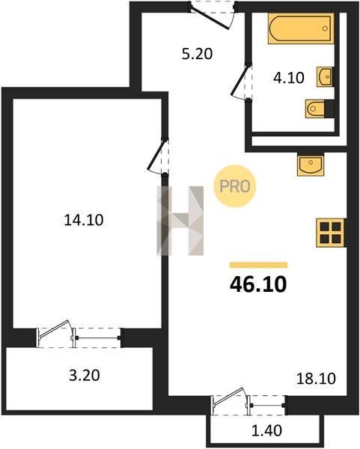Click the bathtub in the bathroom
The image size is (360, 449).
(x=301, y=28)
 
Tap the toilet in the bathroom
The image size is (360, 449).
(x=320, y=109)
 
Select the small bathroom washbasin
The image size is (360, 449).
(x=325, y=76)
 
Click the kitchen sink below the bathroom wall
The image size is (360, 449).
(x=311, y=165)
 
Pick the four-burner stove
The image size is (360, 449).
(x=331, y=233)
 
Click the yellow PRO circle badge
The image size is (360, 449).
(x=234, y=186)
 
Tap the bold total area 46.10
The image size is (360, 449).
(x=258, y=284)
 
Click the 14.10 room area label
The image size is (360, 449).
(x=84, y=220)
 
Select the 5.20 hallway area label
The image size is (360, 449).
(x=197, y=54)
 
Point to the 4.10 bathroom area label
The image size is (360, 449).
(x=288, y=78)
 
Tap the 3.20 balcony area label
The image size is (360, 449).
(x=85, y=376)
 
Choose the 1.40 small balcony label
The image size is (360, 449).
(x=266, y=430)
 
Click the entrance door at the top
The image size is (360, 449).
(x=213, y=15)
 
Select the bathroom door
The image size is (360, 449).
(x=241, y=82)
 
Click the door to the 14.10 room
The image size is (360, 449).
(x=157, y=156)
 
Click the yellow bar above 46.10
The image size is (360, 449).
(x=258, y=265)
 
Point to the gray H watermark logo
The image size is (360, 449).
(x=180, y=221)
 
